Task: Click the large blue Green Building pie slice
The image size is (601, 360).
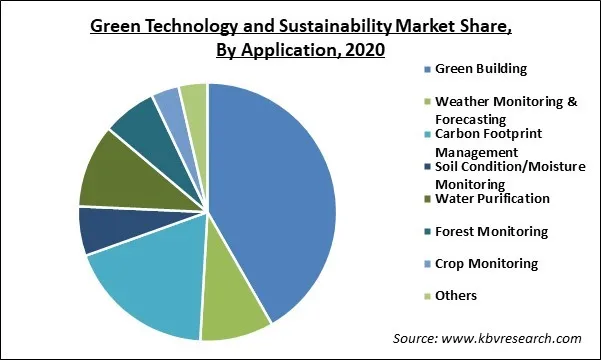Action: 275,200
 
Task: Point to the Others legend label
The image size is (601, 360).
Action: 456,295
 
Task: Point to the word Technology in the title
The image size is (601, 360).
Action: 183,27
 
